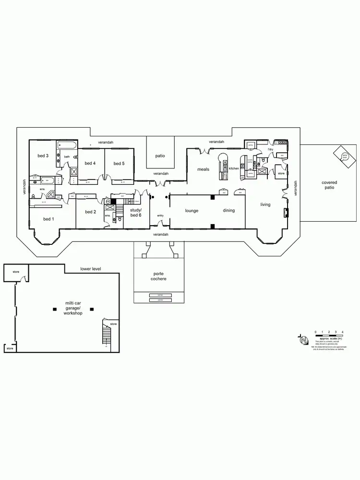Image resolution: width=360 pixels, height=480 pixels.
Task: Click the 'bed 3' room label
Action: [43, 156]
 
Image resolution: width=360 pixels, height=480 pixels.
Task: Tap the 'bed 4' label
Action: [90, 163]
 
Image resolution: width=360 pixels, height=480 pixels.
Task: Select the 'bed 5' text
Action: [119, 163]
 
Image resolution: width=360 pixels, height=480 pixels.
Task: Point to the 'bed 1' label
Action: [48, 219]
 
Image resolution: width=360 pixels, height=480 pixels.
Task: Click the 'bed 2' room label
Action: [91, 212]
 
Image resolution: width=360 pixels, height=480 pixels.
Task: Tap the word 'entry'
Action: [160, 216]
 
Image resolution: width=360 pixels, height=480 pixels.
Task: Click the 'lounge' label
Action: [192, 210]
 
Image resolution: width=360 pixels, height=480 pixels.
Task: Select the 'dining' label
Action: [228, 210]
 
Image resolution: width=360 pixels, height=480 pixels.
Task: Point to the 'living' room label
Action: [265, 204]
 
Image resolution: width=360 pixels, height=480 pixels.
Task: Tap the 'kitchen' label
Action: [234, 168]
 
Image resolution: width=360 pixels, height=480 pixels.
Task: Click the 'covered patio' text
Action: [329, 185]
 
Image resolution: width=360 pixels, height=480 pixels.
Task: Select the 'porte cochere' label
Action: [158, 276]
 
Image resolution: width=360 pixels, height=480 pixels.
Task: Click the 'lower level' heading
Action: [91, 269]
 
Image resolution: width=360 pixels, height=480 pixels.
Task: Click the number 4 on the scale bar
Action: [342, 332]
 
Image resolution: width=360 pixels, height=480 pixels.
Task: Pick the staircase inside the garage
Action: [106, 333]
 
